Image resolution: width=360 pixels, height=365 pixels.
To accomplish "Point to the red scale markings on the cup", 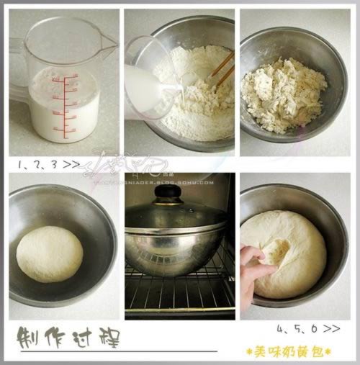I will pos(66,104).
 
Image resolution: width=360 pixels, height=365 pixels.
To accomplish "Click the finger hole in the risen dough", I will pos(276,251).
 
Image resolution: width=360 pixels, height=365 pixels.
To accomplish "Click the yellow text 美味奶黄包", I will pos(288,351).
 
